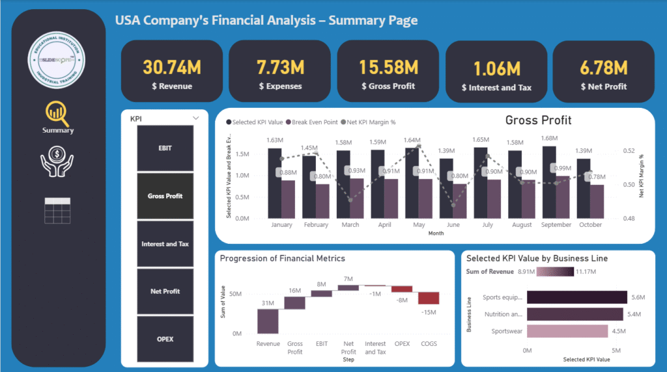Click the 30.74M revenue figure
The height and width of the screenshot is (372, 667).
click(171, 67)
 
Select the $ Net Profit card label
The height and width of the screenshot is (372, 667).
click(603, 86)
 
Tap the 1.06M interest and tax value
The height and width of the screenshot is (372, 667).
click(496, 68)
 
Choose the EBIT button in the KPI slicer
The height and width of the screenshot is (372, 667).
click(165, 148)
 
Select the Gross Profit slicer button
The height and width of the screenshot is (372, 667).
click(165, 196)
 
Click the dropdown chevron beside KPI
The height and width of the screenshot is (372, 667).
click(195, 118)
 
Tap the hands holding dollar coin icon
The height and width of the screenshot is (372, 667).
click(58, 163)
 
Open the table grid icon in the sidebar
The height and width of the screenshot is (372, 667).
click(58, 210)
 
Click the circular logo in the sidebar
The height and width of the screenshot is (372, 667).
click(59, 59)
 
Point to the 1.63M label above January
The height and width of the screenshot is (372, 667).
click(274, 140)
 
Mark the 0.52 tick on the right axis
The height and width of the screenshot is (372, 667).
click(629, 151)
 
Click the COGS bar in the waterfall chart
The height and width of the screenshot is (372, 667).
click(428, 298)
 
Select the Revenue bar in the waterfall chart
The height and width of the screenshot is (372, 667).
click(268, 321)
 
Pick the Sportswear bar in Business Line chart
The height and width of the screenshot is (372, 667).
click(558, 331)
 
